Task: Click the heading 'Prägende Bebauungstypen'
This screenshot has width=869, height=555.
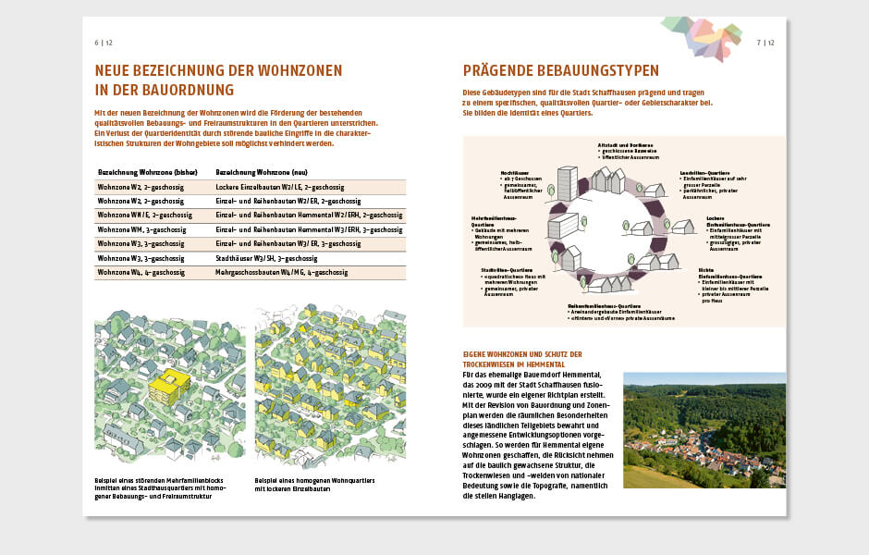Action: [560, 70]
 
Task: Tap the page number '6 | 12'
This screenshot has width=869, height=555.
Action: [103, 43]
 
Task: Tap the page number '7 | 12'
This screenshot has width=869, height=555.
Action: [765, 43]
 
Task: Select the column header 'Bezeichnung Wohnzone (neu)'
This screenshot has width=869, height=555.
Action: [262, 172]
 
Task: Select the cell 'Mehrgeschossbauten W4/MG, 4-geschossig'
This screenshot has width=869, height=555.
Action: [281, 273]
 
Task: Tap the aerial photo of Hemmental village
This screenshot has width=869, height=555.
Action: [704, 430]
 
